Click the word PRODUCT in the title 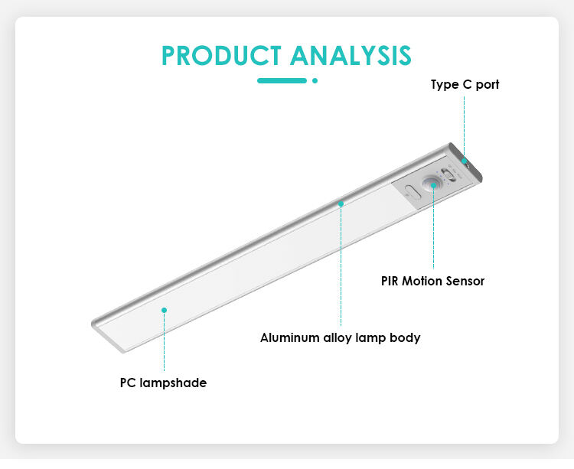pos(221,56)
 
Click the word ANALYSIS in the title pos(351,56)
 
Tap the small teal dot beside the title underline pos(315,80)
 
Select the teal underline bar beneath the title pos(282,80)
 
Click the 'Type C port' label pos(465,84)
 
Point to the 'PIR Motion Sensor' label pos(432,281)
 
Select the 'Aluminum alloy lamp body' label pos(340,337)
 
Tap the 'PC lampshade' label pos(163,383)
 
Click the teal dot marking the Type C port pos(465,161)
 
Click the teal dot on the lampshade pos(164,310)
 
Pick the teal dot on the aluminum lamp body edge pos(341,204)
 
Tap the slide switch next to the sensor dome pos(448,174)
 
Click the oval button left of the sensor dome pos(413,191)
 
